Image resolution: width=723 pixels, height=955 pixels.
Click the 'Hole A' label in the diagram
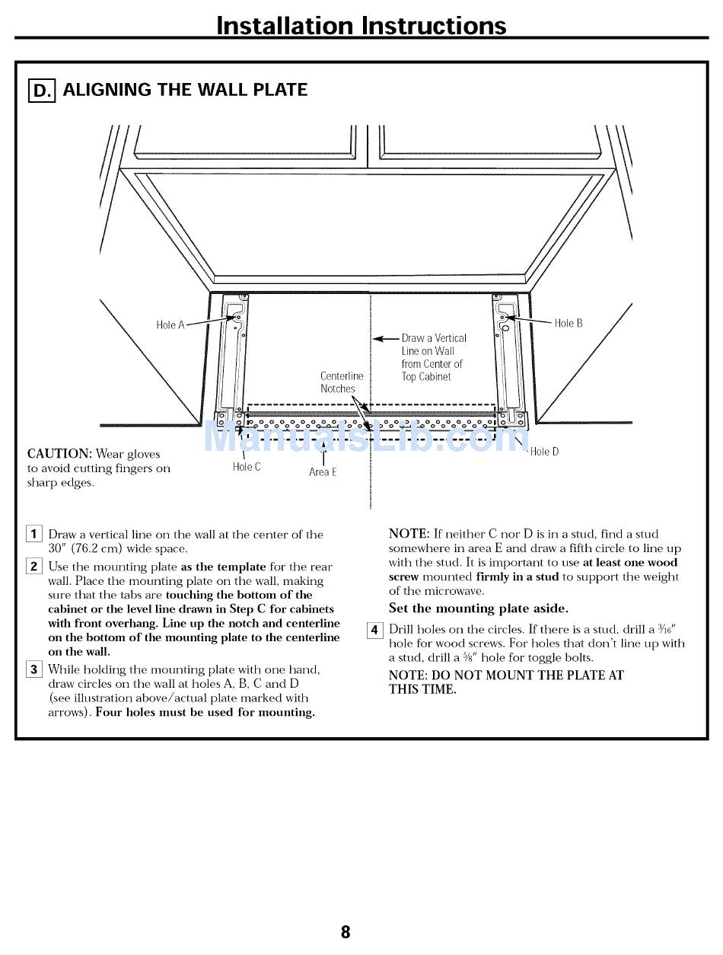pos(170,325)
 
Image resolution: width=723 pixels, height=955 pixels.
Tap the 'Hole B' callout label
pos(569,324)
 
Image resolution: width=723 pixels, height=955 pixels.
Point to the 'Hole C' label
pos(247,467)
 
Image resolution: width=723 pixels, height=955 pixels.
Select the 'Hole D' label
pos(544,452)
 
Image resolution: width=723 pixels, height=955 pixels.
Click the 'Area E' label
pos(323,472)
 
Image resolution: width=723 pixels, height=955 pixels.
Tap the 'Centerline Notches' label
pos(341,382)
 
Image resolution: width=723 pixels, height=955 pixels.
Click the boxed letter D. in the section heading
pos(42,91)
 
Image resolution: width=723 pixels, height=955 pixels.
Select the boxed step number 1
pos(34,535)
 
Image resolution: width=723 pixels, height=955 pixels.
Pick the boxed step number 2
pos(34,566)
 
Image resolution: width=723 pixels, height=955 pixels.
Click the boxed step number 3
pos(34,670)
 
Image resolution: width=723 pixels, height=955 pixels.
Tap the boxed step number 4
pos(374,630)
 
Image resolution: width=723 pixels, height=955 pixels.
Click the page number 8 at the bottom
pos(345,931)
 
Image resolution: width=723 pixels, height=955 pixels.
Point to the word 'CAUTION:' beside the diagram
pos(59,454)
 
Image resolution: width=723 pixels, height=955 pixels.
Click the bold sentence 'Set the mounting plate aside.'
pos(478,608)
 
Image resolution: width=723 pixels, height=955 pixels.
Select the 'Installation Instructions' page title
pos(361,25)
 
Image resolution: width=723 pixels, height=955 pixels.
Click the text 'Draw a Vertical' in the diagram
pos(434,338)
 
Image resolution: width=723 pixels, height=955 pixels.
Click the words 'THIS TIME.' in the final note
pos(422,690)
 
